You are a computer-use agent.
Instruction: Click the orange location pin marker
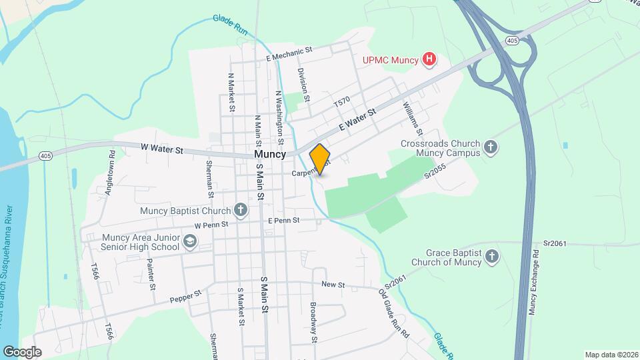(320, 159)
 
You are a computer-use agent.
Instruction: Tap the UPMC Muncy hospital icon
(430, 60)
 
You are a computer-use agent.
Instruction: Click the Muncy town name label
(270, 153)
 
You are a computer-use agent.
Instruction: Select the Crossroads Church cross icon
(491, 147)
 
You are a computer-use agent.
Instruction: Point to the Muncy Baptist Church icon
(241, 211)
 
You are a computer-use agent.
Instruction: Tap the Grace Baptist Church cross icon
(492, 257)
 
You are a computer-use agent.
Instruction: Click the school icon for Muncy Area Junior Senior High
(190, 241)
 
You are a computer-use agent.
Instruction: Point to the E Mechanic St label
(289, 51)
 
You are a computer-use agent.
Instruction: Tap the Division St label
(303, 84)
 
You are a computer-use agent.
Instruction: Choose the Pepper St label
(185, 295)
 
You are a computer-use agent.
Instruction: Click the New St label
(332, 285)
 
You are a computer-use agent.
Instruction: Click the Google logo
(22, 351)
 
